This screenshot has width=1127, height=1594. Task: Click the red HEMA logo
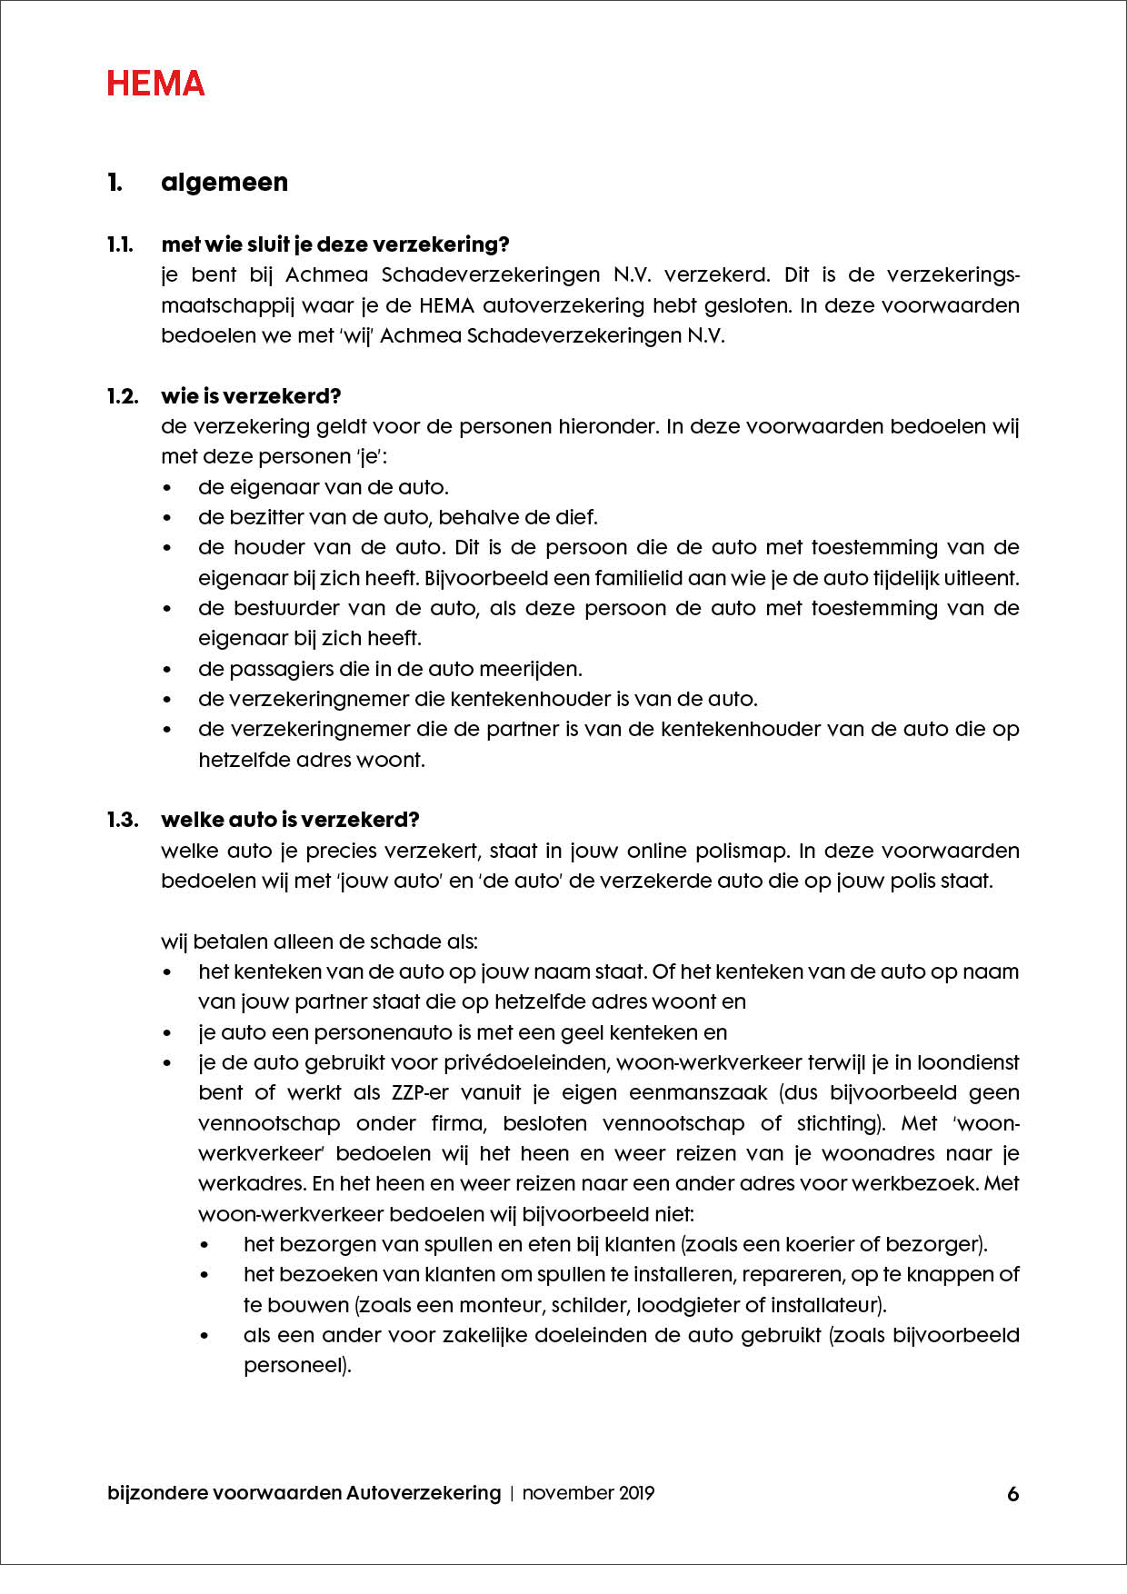click(x=155, y=84)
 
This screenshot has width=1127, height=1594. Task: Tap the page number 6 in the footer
click(x=1012, y=1494)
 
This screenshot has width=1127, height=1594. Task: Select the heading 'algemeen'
click(x=224, y=183)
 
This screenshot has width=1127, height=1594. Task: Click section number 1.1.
click(x=120, y=244)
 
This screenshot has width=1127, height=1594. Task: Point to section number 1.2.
click(x=123, y=396)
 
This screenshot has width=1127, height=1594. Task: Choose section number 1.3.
click(x=123, y=820)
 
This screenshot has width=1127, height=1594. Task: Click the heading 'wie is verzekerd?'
click(x=251, y=396)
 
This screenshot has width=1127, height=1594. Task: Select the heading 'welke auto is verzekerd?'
click(x=290, y=820)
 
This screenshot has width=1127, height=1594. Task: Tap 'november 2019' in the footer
click(x=588, y=1493)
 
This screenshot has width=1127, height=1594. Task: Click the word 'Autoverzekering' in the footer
click(x=424, y=1493)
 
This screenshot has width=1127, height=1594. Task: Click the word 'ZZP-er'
click(x=420, y=1093)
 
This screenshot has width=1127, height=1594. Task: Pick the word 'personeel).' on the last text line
click(x=297, y=1366)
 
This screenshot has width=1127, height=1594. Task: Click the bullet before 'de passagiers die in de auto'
click(x=167, y=670)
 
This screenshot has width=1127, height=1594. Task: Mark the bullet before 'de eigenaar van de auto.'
click(x=167, y=488)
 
